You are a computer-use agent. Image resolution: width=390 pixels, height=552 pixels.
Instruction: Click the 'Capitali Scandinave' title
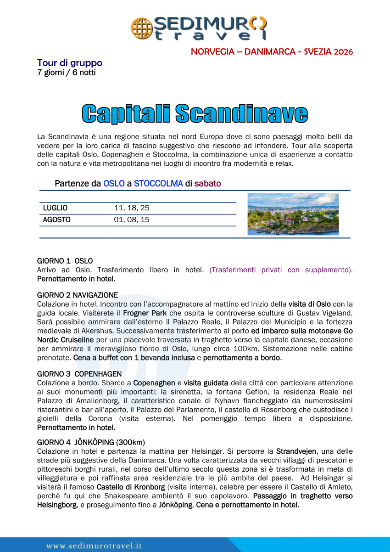(x=195, y=114)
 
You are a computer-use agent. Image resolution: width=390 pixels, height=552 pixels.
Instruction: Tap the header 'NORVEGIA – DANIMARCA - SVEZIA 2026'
(x=272, y=51)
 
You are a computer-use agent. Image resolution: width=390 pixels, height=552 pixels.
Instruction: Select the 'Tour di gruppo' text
(x=70, y=63)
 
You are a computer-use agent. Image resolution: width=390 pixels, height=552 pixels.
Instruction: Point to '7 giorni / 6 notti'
(x=67, y=72)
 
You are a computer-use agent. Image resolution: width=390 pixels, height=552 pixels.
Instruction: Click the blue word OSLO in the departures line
(x=114, y=184)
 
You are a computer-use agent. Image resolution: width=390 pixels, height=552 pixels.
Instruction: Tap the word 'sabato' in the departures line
(x=207, y=184)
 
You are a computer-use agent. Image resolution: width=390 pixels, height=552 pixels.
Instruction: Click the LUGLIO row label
(x=55, y=208)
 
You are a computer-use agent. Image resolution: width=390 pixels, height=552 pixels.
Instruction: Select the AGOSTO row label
(x=56, y=220)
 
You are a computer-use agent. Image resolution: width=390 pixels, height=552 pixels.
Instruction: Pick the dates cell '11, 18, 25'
(x=132, y=208)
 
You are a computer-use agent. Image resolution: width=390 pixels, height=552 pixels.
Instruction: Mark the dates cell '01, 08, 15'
(x=132, y=220)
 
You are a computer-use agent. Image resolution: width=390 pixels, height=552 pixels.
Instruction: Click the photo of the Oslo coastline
(x=293, y=214)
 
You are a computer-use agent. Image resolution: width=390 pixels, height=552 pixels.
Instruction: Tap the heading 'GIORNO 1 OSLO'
(x=65, y=261)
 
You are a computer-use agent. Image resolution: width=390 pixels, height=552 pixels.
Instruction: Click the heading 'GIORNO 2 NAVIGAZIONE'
(x=78, y=295)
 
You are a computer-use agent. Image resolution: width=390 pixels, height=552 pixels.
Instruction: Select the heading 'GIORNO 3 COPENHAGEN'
(x=79, y=374)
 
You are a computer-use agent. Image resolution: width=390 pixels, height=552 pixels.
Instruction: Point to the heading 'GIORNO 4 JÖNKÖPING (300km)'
(x=91, y=443)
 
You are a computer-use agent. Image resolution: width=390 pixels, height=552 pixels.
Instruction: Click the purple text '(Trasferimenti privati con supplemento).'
(x=281, y=270)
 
